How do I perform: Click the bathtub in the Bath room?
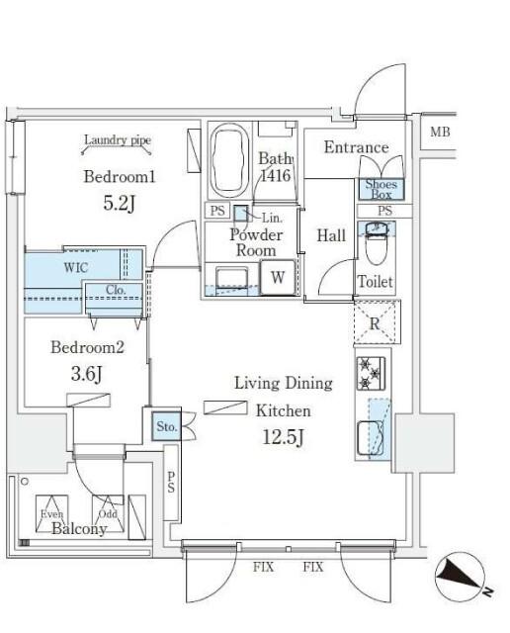228,160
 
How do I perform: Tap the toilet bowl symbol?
376,243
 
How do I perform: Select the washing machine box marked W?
278,278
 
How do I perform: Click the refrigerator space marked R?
377,322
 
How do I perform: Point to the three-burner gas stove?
371,374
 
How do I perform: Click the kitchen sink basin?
371,438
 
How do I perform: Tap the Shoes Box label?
382,189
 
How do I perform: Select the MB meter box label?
440,132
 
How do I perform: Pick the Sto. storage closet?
167,426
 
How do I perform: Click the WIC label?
75,267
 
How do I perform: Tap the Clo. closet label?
117,290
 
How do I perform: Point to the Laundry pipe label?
118,140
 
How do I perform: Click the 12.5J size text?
283,437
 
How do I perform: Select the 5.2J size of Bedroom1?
119,203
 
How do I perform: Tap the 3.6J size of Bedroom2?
86,374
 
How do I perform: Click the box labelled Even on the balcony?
51,513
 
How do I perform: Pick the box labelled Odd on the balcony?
108,513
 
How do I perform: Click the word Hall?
331,235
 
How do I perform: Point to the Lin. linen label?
273,218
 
